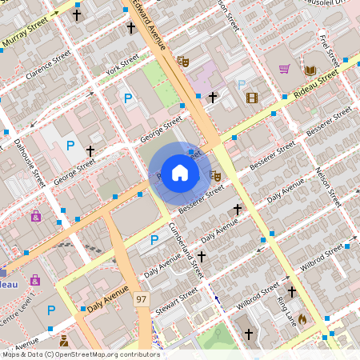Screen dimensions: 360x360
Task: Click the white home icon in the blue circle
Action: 180,172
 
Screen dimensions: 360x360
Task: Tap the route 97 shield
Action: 142,298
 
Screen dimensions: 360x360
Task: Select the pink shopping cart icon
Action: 284,69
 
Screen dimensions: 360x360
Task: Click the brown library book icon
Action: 310,70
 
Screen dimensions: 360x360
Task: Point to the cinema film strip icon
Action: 253,98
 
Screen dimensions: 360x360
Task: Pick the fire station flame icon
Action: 302,318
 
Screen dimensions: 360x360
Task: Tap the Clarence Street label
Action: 47,67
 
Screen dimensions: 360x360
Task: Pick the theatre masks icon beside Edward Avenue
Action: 182,60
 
